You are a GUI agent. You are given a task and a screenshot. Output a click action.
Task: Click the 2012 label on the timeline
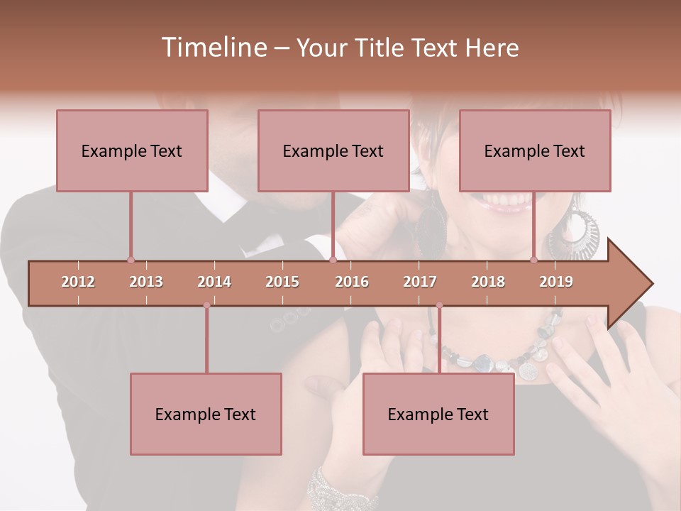[x=78, y=282]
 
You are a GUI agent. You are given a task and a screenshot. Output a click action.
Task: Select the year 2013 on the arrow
[x=146, y=282]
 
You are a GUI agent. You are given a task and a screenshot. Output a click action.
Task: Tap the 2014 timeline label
[x=214, y=282]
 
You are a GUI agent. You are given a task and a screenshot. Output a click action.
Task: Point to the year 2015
[x=282, y=282]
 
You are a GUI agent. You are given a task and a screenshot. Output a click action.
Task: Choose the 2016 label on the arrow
[x=352, y=282]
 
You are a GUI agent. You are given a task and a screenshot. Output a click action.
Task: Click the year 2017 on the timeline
[x=420, y=282]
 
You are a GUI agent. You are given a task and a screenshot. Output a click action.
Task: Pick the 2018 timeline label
[x=488, y=282]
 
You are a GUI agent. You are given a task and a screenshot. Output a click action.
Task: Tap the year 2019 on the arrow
[x=556, y=282]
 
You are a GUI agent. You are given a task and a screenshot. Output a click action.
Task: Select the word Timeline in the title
[x=213, y=48]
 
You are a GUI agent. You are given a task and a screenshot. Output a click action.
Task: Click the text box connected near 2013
[x=132, y=150]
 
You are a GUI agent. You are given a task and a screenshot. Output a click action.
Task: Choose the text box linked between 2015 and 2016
[x=333, y=150]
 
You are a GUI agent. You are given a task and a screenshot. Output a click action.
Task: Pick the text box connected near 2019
[x=535, y=150]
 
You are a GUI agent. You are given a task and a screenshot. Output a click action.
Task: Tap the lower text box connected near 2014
[x=206, y=414]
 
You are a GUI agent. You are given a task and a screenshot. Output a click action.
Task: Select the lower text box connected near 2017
[x=438, y=414]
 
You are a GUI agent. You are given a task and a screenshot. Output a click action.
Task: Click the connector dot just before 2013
[x=131, y=260]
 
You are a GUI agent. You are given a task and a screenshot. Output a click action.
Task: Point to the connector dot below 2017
[x=439, y=306]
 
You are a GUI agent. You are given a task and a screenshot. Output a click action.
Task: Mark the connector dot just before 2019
[x=534, y=260]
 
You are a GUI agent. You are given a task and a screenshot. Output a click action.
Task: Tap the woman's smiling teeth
[x=507, y=202]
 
